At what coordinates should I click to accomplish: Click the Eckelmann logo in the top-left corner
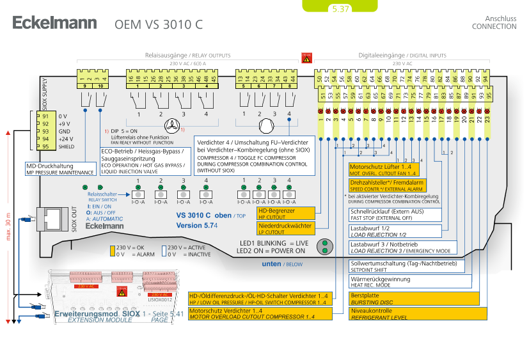click(x=54, y=24)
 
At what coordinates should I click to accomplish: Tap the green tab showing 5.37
click(x=339, y=8)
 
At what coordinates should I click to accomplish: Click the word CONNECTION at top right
click(x=494, y=27)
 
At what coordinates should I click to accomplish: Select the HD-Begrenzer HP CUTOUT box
click(x=286, y=212)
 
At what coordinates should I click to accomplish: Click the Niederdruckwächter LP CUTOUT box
click(x=286, y=228)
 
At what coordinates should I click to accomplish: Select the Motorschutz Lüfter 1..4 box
click(x=384, y=169)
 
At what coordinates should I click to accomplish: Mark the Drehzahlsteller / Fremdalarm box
click(x=384, y=185)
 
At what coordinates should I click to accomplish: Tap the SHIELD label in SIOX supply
click(x=67, y=146)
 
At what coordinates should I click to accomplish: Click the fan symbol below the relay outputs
click(x=172, y=125)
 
